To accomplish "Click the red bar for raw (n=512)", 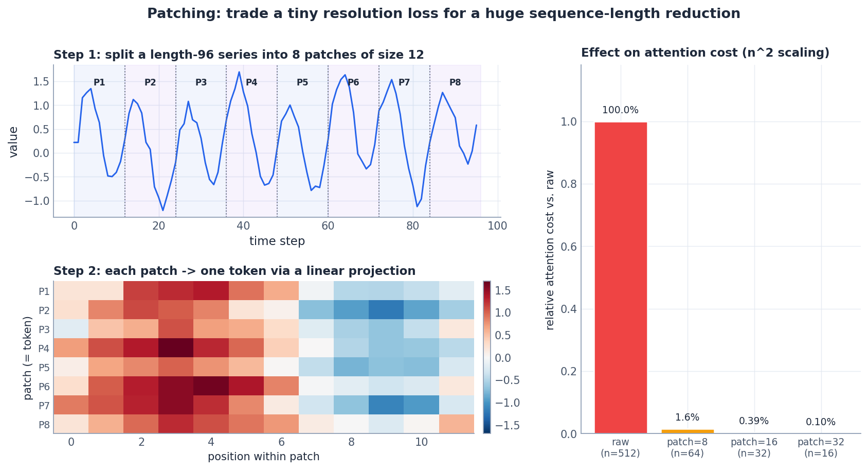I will point(620,278).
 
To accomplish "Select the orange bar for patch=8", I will point(687,431).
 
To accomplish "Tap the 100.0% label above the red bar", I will point(620,110).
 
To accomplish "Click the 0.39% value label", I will point(753,421).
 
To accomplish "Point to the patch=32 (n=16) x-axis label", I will point(821,447).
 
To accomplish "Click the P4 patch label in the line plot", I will point(251,82).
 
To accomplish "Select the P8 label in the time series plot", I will point(455,82).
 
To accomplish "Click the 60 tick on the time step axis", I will point(328,225).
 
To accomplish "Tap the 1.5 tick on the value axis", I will point(42,81).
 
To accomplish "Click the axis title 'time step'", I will point(277,241).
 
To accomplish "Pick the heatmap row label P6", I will point(44,387).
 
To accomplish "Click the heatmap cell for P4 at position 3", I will point(176,348).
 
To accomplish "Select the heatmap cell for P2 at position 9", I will point(386,310).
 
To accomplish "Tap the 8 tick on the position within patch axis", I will point(351,442).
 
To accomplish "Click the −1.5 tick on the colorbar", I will point(507,425).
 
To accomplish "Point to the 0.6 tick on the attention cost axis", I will point(569,247).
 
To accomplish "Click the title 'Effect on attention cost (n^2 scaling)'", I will point(705,53).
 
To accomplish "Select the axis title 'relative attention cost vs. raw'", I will point(550,250).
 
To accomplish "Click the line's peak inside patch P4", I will point(239,72).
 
